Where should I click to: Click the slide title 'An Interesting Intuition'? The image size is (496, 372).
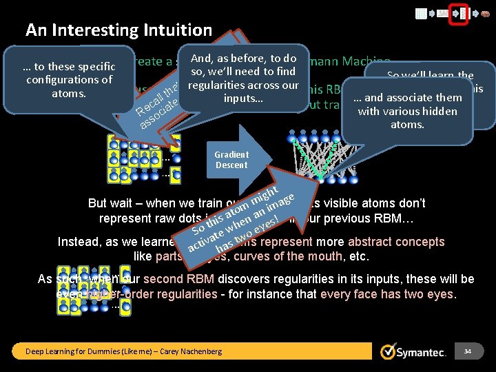(118, 30)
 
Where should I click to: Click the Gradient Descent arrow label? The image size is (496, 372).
(231, 160)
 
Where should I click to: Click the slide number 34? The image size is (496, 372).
(467, 351)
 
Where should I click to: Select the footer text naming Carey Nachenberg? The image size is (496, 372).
(124, 351)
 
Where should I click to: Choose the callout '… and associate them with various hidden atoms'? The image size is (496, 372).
(408, 111)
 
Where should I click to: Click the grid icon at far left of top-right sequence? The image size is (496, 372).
(421, 13)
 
